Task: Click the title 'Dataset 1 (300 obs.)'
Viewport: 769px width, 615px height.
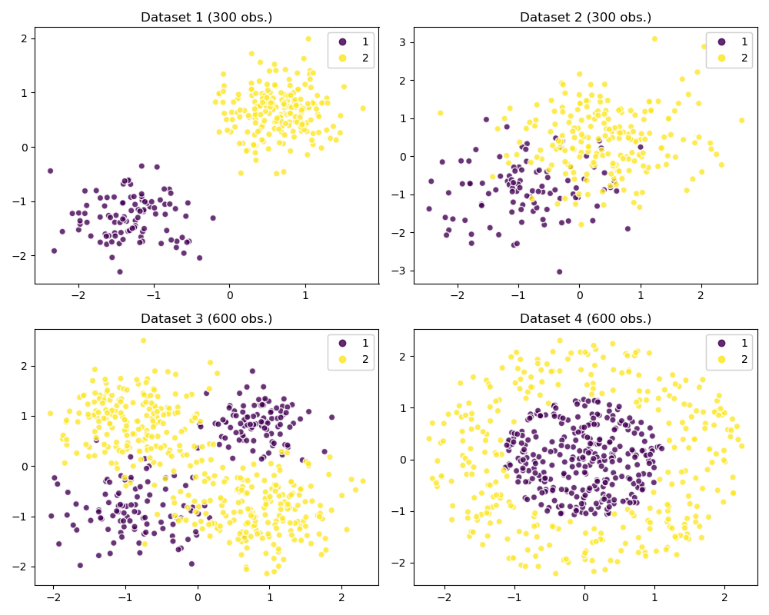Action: pos(206,17)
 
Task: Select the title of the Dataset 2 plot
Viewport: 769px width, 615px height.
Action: pos(585,17)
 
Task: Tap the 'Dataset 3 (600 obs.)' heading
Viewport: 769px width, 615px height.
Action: pos(206,318)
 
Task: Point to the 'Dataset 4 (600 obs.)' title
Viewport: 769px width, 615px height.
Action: pos(585,318)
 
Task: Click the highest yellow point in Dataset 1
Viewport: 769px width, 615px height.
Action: pos(308,38)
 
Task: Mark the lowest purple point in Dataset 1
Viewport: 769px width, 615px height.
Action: pos(119,271)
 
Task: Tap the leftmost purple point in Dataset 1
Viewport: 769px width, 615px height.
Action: pos(50,171)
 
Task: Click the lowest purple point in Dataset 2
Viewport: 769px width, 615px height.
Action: pos(559,271)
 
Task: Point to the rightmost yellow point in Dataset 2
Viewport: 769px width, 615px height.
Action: pos(741,120)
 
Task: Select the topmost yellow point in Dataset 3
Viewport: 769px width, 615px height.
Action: pos(143,341)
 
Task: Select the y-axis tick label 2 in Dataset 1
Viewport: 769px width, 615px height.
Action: pos(24,38)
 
